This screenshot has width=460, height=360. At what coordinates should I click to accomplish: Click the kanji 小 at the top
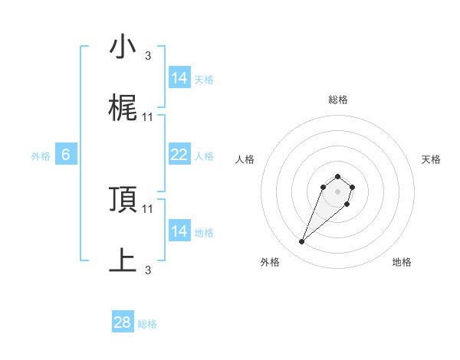(123, 47)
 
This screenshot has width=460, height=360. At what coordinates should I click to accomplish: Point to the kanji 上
(123, 260)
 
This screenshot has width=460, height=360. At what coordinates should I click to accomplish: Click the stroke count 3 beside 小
(148, 55)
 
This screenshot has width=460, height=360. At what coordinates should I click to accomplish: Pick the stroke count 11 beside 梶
(148, 116)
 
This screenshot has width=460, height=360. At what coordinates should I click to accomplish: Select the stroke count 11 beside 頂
(148, 208)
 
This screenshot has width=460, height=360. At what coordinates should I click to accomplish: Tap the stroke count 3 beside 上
(148, 270)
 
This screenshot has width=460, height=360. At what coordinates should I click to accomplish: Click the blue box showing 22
(179, 155)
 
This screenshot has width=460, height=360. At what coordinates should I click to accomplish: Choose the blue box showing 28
(123, 322)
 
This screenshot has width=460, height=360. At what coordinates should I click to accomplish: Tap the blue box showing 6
(66, 155)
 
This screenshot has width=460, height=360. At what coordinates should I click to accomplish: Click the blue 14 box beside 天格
(179, 78)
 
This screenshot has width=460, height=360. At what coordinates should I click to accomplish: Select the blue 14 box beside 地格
(179, 231)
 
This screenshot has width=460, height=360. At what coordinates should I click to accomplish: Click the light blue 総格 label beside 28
(147, 324)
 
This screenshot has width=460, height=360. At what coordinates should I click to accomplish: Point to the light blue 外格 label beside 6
(41, 156)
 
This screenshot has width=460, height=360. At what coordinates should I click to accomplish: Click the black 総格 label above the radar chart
(338, 100)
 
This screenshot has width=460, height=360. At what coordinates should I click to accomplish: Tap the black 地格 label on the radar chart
(402, 263)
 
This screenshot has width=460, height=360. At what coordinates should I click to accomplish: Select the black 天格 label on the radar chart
(432, 159)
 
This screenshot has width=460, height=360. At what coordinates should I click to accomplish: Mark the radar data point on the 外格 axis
(302, 242)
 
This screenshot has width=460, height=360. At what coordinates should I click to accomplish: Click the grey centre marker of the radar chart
(338, 191)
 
